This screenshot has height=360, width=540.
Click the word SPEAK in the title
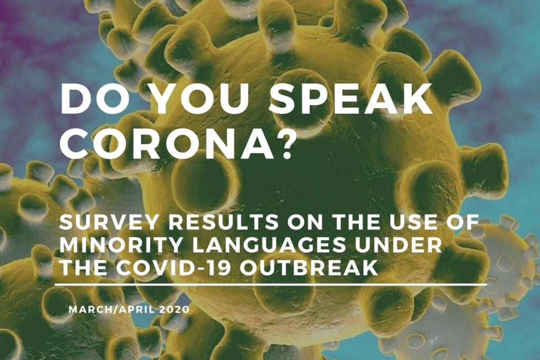[x=351, y=99]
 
